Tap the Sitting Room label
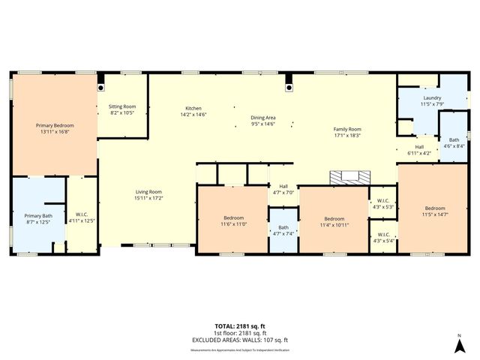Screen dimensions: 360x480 (122, 109)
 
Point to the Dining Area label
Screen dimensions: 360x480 (262, 120)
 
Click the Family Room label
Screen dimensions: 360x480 (347, 132)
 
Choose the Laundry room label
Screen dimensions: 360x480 (432, 100)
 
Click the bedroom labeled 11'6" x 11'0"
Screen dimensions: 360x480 (233, 220)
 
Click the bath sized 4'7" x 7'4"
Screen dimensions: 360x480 (283, 230)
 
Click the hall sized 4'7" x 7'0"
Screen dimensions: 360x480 (283, 189)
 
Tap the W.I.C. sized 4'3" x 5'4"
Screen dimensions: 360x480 (382, 238)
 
